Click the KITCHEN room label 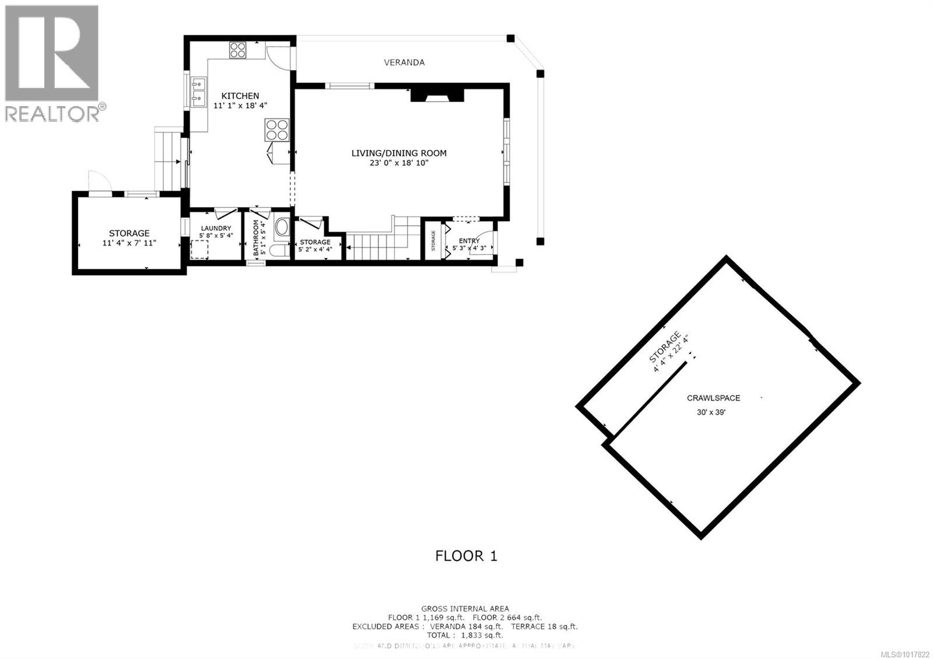(x=240, y=96)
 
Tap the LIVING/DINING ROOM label (x=399, y=153)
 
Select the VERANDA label (x=404, y=62)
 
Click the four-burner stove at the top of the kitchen (x=237, y=50)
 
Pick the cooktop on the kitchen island (x=278, y=129)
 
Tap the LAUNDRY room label (x=216, y=229)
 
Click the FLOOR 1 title (x=466, y=556)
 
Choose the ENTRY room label (x=469, y=241)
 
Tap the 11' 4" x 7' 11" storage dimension (x=129, y=243)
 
